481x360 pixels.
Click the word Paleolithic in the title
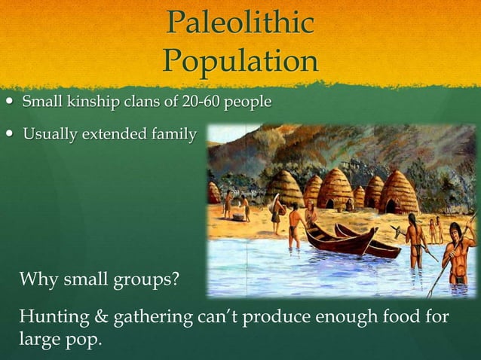[240, 23]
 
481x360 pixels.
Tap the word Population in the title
[240, 60]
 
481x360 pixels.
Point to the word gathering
[150, 316]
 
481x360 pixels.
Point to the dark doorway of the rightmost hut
[391, 206]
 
